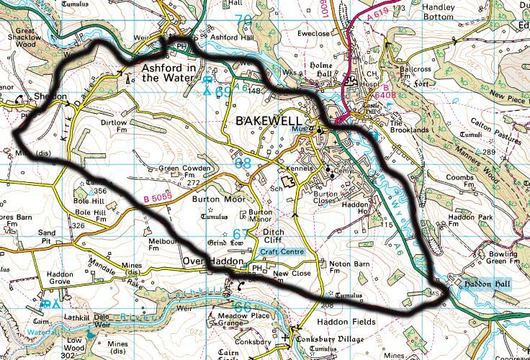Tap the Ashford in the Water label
(x=169, y=73)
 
